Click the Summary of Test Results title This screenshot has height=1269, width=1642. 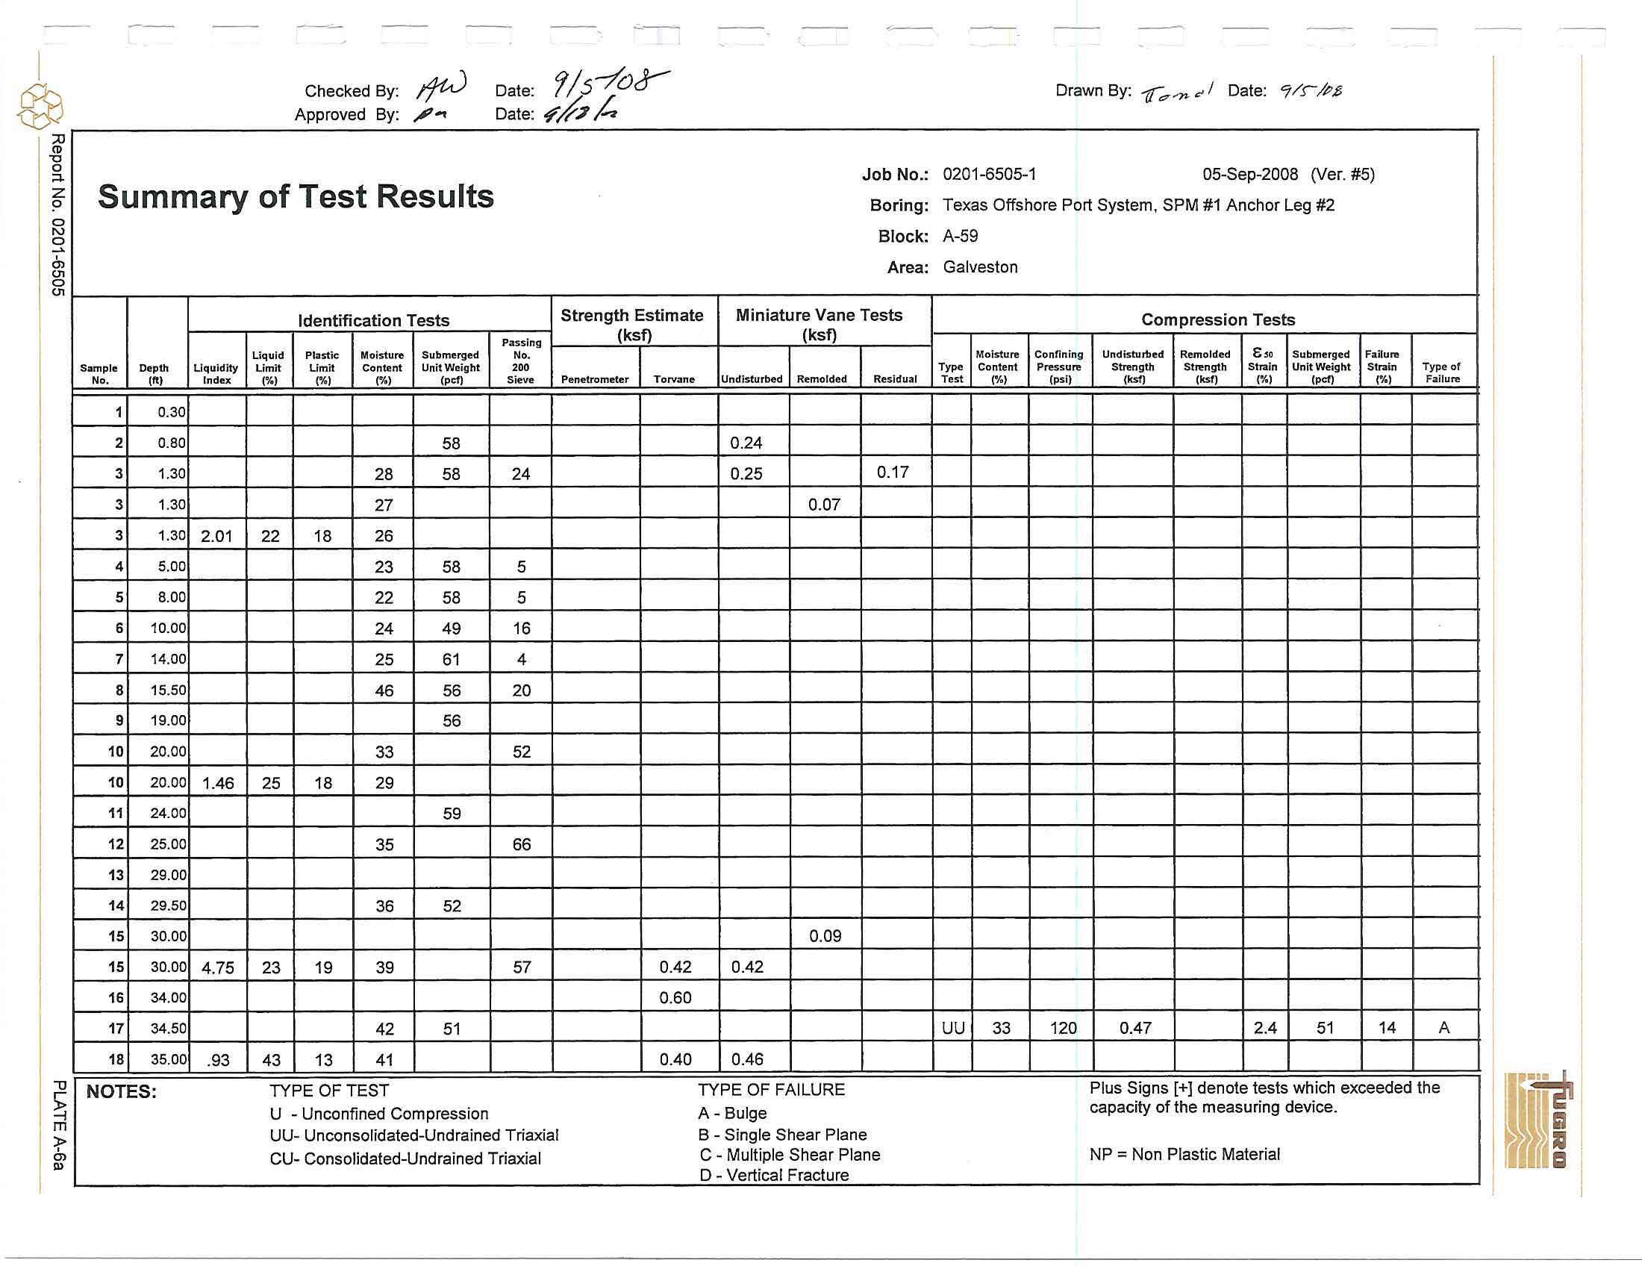coord(296,197)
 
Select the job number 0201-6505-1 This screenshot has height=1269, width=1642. coord(990,175)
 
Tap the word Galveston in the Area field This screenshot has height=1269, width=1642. coord(981,267)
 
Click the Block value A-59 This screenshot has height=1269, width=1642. coord(961,236)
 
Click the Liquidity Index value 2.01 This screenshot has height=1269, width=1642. coord(216,536)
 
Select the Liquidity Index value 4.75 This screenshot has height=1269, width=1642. coord(218,967)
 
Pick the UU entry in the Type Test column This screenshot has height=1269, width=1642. coord(952,1028)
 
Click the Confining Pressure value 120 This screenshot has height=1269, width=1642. coord(1063,1028)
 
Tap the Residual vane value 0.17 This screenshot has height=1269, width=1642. coord(893,472)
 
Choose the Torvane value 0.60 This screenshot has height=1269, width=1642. coord(675,997)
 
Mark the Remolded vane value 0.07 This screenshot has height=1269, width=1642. coord(824,505)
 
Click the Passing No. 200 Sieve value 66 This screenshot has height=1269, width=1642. coord(521,844)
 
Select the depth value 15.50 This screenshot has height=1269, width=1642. coord(168,690)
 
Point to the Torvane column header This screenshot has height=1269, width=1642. coord(674,379)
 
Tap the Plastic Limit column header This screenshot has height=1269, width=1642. coord(322,367)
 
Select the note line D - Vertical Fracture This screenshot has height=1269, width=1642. coord(774,1175)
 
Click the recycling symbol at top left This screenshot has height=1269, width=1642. coord(40,106)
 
